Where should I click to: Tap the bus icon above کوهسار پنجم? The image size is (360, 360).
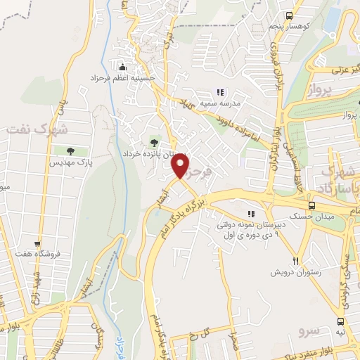point(289,15)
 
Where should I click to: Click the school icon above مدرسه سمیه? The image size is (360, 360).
point(219,91)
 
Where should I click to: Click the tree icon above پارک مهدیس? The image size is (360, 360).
point(70,150)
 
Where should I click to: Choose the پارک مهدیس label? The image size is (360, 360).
point(70,162)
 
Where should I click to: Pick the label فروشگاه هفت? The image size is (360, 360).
point(59,252)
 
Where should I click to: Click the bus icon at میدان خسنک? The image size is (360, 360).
point(312,207)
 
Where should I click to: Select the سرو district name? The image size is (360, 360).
point(309,329)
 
